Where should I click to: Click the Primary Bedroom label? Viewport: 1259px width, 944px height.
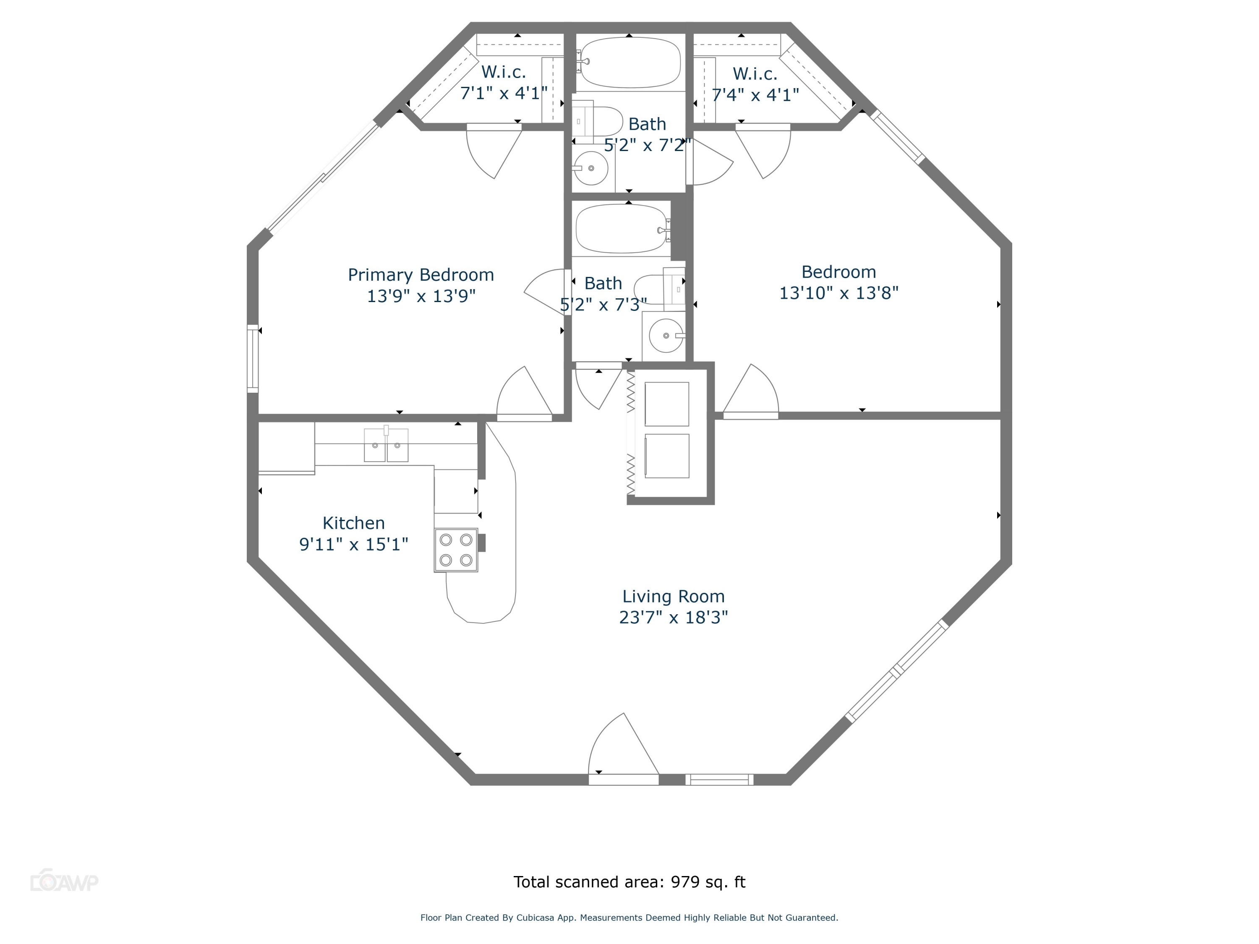pos(421,275)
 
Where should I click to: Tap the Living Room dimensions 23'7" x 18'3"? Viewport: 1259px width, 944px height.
pos(673,618)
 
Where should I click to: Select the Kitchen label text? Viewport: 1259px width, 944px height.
pos(353,523)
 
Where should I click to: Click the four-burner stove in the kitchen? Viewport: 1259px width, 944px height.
pos(456,550)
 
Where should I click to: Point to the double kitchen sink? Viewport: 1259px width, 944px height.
pos(386,446)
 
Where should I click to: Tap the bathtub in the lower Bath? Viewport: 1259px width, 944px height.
pos(622,229)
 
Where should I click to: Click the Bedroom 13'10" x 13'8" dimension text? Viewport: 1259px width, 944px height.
pos(838,293)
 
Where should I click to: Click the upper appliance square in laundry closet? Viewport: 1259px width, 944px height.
pos(666,404)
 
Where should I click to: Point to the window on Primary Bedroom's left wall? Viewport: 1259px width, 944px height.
pos(252,358)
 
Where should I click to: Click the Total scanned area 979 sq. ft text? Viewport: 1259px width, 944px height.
pos(629,882)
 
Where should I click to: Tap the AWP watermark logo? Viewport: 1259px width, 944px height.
pos(64,882)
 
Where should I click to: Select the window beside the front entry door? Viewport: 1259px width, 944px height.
pos(719,780)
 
